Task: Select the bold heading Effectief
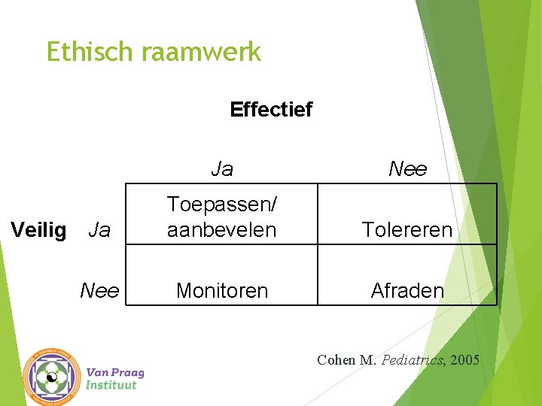click(271, 110)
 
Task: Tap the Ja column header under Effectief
click(222, 169)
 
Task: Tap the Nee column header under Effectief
click(407, 169)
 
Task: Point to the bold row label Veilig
click(39, 230)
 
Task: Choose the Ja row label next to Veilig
click(99, 230)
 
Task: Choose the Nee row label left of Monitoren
click(99, 290)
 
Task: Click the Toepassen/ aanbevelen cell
click(221, 217)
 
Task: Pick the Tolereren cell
click(407, 230)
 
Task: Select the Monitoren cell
click(221, 290)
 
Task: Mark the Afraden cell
click(407, 290)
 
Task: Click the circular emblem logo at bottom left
click(51, 377)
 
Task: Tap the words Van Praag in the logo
click(115, 372)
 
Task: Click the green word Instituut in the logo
click(111, 385)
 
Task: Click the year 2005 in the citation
click(464, 360)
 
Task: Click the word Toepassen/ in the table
click(221, 204)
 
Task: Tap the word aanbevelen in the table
click(221, 229)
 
